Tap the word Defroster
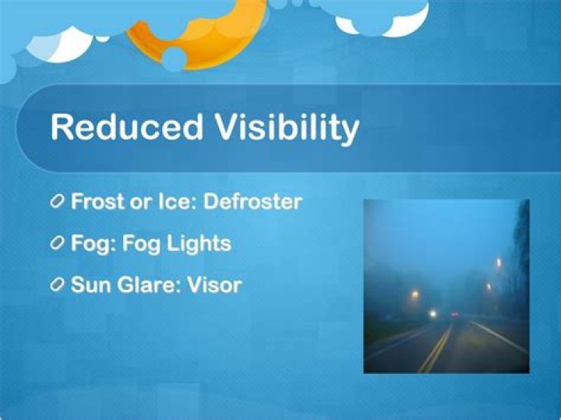252,201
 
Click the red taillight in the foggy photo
453,314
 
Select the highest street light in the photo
499,263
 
